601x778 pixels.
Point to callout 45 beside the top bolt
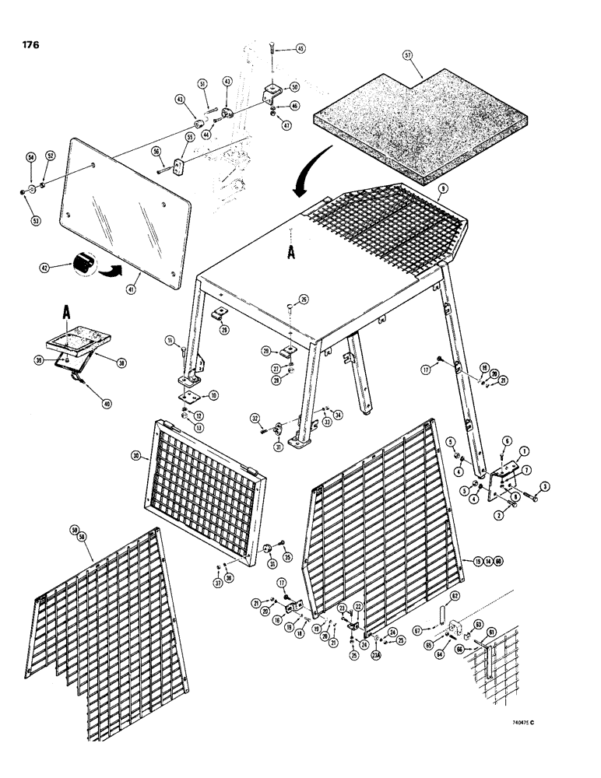coord(300,48)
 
